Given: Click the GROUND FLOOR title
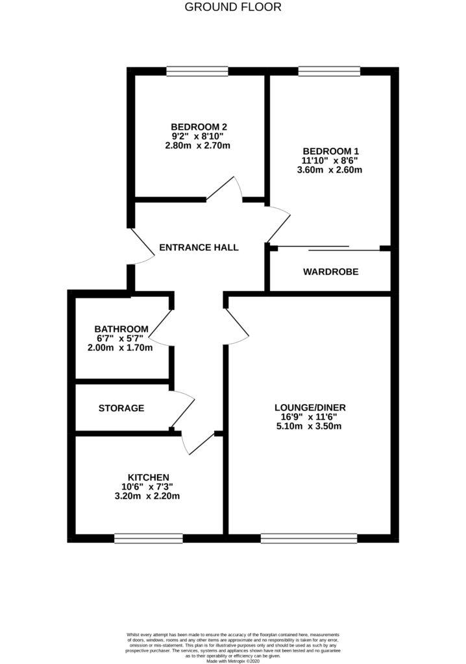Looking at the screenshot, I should tap(233, 8).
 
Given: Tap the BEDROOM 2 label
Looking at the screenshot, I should tap(199, 126).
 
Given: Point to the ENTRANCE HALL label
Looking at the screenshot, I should tap(199, 247).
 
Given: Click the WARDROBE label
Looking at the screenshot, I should tap(330, 272).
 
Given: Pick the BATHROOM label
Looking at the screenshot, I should tap(121, 329).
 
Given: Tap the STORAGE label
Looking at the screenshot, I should tap(121, 409).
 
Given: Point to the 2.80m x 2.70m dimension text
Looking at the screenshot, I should tap(199, 146).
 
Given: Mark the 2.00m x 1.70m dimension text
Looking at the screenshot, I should tap(121, 348).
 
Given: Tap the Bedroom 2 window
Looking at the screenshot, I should tap(197, 71).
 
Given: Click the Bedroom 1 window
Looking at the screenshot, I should tap(329, 71).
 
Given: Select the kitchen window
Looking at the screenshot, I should tap(148, 538).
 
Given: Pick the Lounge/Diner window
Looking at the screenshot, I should tap(309, 538).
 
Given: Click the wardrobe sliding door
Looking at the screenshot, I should tap(330, 248).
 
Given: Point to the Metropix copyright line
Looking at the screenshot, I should tap(233, 660).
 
